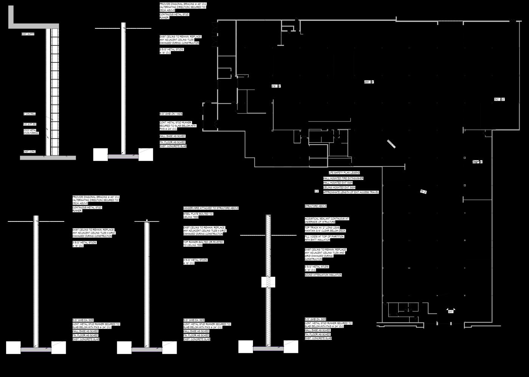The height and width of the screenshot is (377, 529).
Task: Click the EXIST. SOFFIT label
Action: [28, 34]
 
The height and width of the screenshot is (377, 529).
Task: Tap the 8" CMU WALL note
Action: [29, 114]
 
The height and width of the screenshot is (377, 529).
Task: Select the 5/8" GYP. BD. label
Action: [29, 124]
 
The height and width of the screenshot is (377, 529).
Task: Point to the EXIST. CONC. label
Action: [29, 152]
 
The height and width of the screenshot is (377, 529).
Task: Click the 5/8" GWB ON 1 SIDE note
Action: [171, 114]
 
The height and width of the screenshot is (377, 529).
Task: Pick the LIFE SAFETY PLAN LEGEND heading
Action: [344, 173]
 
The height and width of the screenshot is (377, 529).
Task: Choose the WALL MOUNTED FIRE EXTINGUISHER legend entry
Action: [343, 178]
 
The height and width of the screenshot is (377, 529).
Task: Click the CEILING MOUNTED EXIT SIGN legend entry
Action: [339, 187]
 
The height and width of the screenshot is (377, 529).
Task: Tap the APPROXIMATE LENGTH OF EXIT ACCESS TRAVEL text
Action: [351, 192]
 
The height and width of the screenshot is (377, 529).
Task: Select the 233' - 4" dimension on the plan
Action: [369, 82]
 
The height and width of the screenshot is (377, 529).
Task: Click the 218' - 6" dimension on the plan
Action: [276, 86]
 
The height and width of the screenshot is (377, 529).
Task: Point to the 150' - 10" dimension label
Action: [499, 100]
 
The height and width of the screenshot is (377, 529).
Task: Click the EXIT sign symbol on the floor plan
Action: [451, 312]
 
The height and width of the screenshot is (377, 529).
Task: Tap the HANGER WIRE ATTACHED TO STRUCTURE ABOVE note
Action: [211, 208]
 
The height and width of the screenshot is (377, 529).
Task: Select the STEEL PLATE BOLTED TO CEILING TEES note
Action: [198, 215]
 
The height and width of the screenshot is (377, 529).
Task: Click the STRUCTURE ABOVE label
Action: [316, 206]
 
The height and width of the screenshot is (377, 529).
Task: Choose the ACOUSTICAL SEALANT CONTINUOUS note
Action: [327, 220]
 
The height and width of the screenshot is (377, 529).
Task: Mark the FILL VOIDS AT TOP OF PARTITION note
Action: [324, 238]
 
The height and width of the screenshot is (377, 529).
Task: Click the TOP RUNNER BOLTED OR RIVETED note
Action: [203, 243]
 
